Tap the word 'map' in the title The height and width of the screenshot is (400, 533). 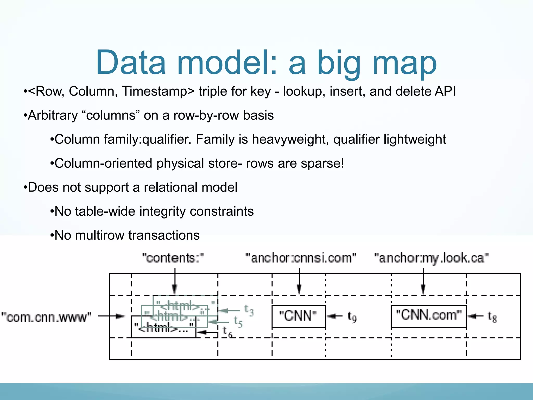tap(404, 65)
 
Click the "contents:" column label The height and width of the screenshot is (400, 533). tap(173, 258)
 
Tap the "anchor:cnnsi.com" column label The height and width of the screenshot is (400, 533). tap(301, 258)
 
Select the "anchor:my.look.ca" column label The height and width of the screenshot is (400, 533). tap(431, 258)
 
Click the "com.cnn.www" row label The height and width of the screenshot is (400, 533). tap(46, 317)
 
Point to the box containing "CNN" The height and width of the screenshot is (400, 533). tap(299, 316)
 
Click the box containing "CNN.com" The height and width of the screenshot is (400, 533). tap(428, 316)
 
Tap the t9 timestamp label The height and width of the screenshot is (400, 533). tap(352, 317)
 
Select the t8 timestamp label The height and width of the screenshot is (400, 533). tap(492, 317)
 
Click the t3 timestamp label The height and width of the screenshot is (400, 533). tap(249, 310)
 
